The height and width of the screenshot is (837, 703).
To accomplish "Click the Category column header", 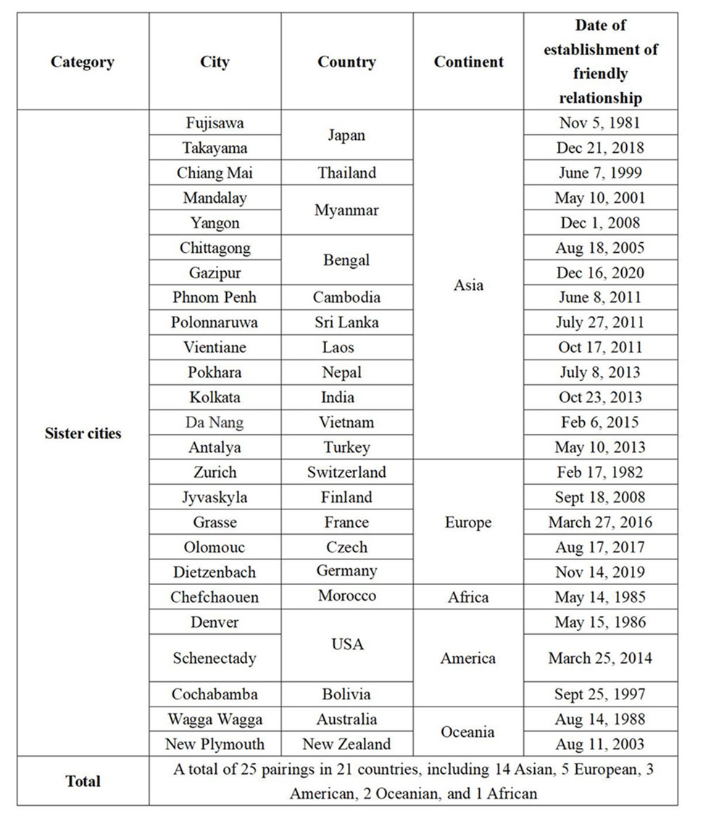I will pos(83,62).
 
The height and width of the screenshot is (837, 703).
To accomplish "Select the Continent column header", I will pos(468,62).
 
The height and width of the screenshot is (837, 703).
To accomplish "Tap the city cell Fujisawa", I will pos(215,122).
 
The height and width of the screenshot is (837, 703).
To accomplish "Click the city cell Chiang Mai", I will pos(215,172).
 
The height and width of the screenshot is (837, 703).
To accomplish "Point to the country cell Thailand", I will pos(346,172).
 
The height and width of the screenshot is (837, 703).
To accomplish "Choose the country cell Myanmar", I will pos(346,210).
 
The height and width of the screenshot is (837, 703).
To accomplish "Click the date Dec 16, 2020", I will pos(600,272).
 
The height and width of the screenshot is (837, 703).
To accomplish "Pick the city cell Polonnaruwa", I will pos(215,322).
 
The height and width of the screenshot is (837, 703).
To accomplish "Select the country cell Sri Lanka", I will pos(346,322).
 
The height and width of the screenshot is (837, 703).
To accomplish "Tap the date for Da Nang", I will pos(600,422).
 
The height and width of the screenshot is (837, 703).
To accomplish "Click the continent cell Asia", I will pos(468,285).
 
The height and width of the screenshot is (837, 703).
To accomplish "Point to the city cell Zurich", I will pos(215,472).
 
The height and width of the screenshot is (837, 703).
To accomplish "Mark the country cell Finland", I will pos(346,497).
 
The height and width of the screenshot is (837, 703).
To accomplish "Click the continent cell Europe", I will pos(468,522).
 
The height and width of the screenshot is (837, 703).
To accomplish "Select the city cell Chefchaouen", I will pos(215,597).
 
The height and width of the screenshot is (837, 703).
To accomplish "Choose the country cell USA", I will pos(346,644).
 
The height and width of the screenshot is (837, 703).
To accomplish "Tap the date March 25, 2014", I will pos(600,658).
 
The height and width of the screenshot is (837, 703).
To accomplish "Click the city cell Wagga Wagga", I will pos(215,719).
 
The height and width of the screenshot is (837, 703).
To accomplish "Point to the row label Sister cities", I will pos(83,433).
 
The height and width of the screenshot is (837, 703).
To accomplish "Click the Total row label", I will pos(83,781).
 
